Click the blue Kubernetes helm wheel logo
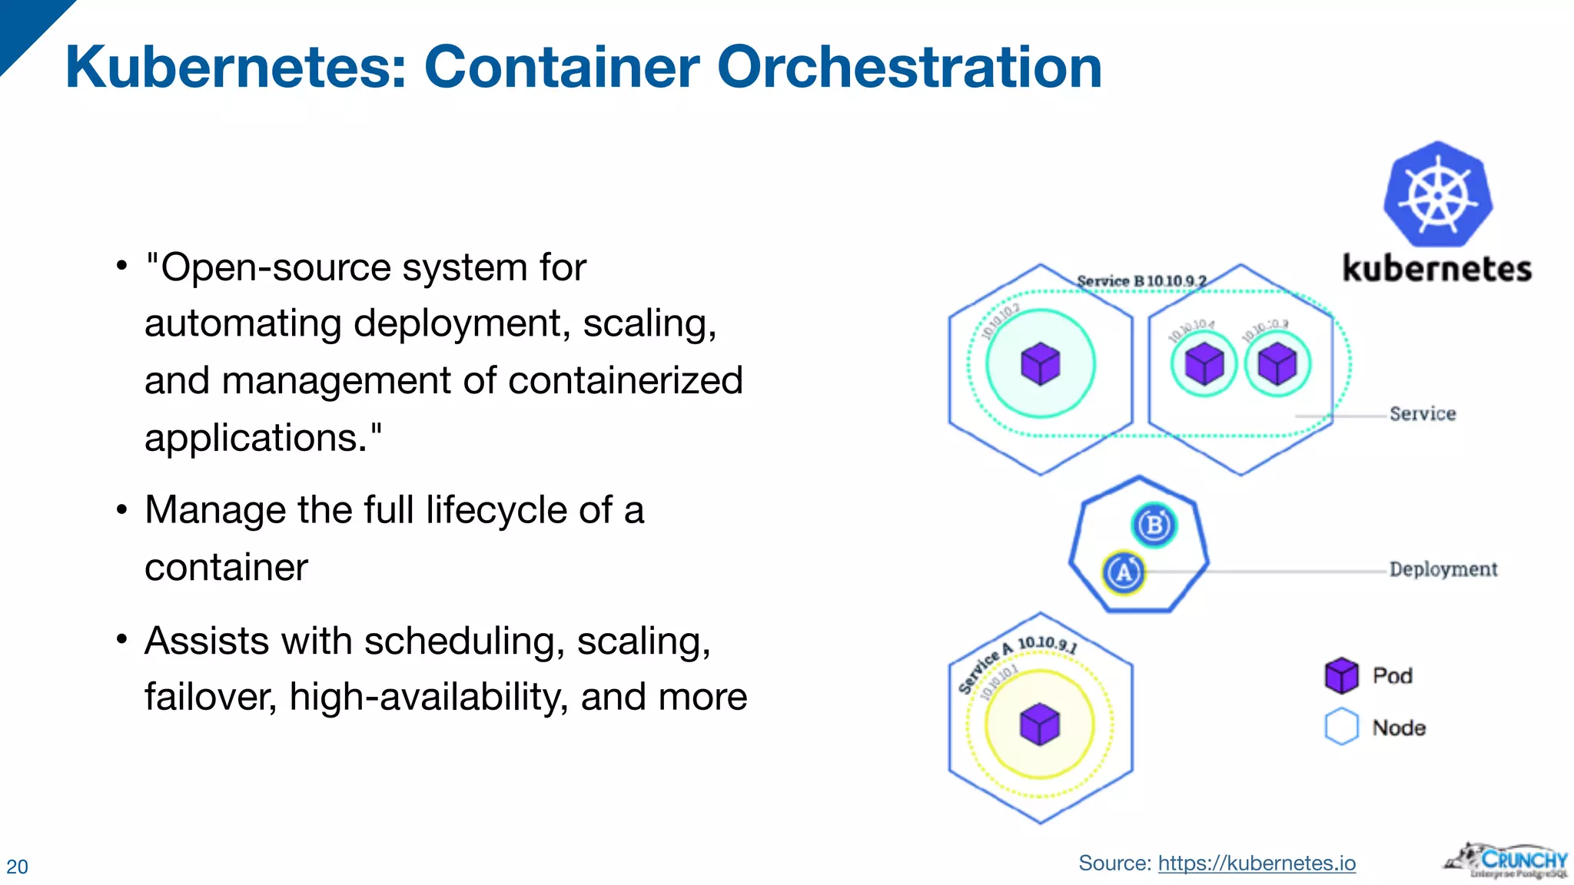1438,194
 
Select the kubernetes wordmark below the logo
1436,269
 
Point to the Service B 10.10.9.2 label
1141,281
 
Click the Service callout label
1423,414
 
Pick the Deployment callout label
1443,569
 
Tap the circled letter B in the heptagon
1154,525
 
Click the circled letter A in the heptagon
1124,572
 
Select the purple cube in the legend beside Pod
1342,675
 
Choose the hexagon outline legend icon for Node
1342,727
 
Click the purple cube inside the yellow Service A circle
1040,724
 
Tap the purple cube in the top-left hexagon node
1041,364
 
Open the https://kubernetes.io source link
1257,863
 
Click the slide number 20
17,867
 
